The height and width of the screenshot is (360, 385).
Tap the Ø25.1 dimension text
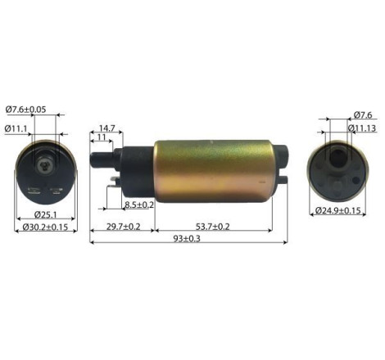(x=46, y=215)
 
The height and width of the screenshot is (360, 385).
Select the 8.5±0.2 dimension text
(x=138, y=205)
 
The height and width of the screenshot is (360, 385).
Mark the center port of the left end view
(x=47, y=164)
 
